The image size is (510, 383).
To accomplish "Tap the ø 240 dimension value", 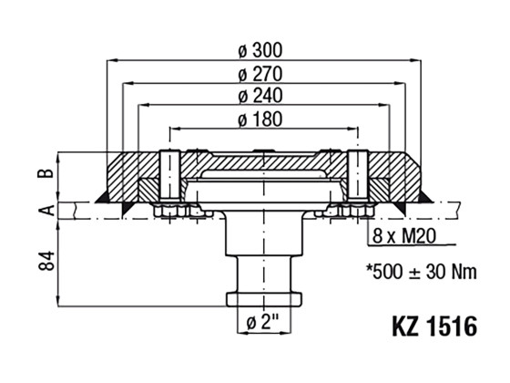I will [x=265, y=96].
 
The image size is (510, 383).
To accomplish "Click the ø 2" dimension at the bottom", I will [x=264, y=322].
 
